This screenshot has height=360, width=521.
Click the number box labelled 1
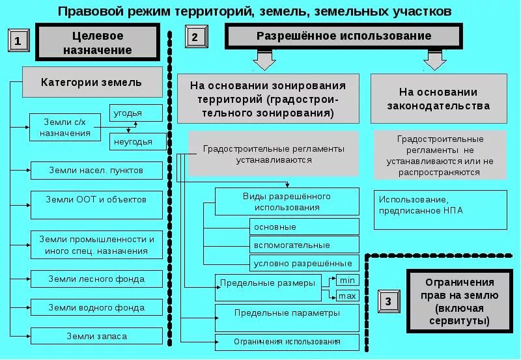(x=18, y=41)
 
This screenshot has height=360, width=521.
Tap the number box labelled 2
(x=195, y=37)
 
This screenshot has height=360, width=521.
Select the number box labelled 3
(x=388, y=301)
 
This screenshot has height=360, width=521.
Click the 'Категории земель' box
(x=91, y=83)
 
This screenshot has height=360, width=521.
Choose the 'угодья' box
(x=135, y=113)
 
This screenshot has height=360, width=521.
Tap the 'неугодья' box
(x=135, y=141)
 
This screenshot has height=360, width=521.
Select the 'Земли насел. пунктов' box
(x=96, y=171)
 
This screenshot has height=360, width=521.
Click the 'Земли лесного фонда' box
(x=96, y=279)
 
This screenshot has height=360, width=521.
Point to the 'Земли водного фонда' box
(x=96, y=307)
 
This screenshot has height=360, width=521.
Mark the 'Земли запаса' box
(x=96, y=336)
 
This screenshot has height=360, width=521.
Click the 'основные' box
(x=304, y=227)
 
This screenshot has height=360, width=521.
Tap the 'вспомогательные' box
(x=304, y=245)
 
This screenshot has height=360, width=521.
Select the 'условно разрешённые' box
(x=304, y=263)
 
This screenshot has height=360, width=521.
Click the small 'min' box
(x=347, y=280)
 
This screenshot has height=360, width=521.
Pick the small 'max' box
(x=347, y=296)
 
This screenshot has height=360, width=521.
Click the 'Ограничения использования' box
(x=287, y=342)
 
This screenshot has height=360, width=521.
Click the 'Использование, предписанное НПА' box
(x=440, y=210)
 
